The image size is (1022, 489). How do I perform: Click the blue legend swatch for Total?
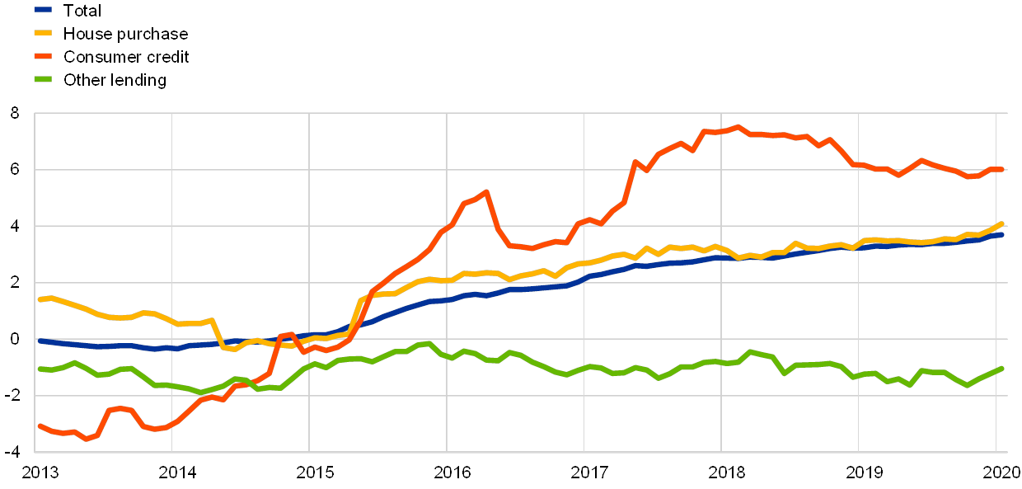(x=43, y=11)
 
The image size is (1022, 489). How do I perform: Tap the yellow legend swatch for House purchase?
(x=43, y=34)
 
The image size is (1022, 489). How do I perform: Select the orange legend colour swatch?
(x=43, y=57)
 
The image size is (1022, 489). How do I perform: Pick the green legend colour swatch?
(x=43, y=80)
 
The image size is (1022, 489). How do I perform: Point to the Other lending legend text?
(x=115, y=81)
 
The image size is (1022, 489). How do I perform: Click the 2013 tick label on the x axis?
(x=39, y=473)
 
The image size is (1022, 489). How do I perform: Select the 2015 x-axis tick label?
(x=314, y=473)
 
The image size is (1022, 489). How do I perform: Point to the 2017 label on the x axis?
(x=588, y=473)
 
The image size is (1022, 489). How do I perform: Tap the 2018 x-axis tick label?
(x=726, y=473)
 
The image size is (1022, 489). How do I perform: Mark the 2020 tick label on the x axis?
(x=1001, y=473)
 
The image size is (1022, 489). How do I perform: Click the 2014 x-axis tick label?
(x=176, y=473)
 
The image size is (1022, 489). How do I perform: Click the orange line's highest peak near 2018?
(x=738, y=127)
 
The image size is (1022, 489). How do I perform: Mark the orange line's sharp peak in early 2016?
(x=486, y=192)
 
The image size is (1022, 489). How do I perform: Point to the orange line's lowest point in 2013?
(x=87, y=439)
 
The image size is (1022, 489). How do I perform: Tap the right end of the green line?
(x=1001, y=368)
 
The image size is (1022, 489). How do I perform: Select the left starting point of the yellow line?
(x=40, y=299)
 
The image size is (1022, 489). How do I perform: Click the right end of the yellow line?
(x=1001, y=223)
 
